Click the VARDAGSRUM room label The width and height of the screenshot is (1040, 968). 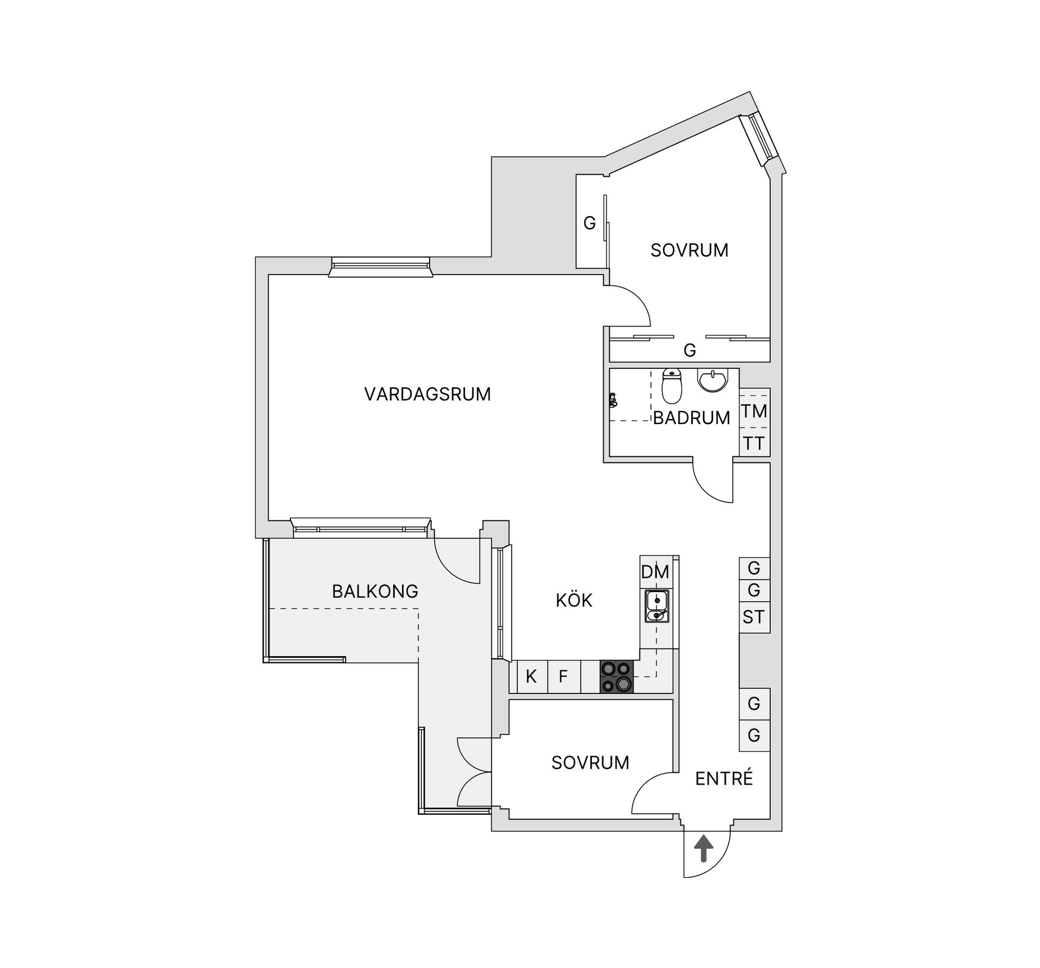click(427, 394)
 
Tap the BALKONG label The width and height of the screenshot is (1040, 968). click(375, 591)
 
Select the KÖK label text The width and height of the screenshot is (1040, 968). click(574, 600)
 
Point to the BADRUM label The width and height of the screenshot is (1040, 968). click(691, 418)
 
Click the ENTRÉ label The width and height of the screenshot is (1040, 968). click(724, 778)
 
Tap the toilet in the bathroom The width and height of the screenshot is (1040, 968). click(672, 386)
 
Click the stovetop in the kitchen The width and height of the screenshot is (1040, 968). click(616, 677)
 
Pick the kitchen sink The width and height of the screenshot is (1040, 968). click(656, 607)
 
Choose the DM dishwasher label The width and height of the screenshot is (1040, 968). click(655, 572)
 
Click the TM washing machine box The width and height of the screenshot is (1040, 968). click(755, 411)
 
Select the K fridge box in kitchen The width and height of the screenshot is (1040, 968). click(531, 676)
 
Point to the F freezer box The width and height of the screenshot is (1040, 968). click(563, 676)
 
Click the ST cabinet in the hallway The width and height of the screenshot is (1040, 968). click(754, 616)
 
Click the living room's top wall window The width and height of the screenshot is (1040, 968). click(380, 267)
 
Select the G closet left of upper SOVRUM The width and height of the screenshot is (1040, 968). click(589, 223)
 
